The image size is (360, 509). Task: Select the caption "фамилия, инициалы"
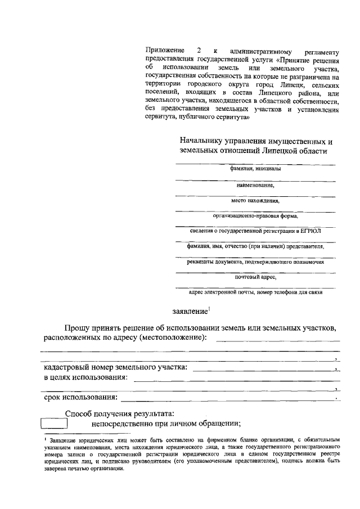coord(255,169)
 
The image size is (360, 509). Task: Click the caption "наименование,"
coord(255,184)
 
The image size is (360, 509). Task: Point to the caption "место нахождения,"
coord(255,200)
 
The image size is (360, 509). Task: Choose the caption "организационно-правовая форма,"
coord(255,215)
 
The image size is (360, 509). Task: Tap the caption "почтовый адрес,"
coord(255,277)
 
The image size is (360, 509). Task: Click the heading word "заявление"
coord(190,310)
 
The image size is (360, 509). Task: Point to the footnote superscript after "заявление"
coord(209,308)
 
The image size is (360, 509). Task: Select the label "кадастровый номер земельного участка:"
coord(116,368)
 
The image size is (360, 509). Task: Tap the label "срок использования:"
coord(81,398)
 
